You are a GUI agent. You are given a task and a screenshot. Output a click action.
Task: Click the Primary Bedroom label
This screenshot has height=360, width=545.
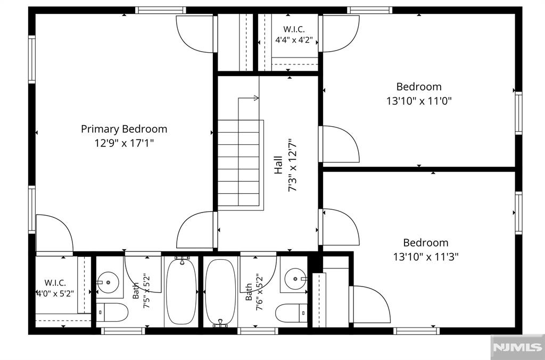(124, 129)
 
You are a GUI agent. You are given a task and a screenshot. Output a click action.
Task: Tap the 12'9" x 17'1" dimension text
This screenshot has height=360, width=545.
(124, 143)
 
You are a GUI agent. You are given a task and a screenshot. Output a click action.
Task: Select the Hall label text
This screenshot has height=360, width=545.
(278, 165)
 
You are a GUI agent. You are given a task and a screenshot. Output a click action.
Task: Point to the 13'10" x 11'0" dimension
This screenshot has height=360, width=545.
(419, 101)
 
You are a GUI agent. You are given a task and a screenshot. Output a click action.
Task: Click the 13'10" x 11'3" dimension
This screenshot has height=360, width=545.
(426, 257)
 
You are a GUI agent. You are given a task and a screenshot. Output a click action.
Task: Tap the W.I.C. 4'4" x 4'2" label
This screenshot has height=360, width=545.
(294, 35)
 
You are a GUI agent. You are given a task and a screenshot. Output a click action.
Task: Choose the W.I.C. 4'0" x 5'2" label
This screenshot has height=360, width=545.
(55, 288)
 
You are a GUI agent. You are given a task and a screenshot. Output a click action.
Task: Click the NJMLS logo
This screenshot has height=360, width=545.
(517, 347)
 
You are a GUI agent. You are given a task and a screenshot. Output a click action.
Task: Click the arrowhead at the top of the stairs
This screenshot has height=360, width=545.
(256, 98)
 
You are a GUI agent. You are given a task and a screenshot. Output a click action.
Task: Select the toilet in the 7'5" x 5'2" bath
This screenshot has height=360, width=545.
(112, 312)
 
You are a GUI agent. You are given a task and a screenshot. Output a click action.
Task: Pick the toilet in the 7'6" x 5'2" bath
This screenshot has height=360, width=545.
(291, 313)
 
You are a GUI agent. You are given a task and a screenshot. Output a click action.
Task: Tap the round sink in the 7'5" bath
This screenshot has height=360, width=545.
(108, 282)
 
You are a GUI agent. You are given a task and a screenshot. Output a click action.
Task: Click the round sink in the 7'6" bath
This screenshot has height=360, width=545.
(295, 279)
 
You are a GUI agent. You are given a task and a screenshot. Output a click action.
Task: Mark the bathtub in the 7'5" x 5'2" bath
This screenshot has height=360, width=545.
(181, 291)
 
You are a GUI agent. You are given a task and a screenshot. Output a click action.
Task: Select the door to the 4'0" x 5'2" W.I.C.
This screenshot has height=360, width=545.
(55, 234)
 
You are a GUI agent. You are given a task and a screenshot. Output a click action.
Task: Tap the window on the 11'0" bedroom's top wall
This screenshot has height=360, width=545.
(369, 10)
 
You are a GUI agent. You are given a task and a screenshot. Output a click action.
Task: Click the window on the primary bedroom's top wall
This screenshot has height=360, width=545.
(161, 10)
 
